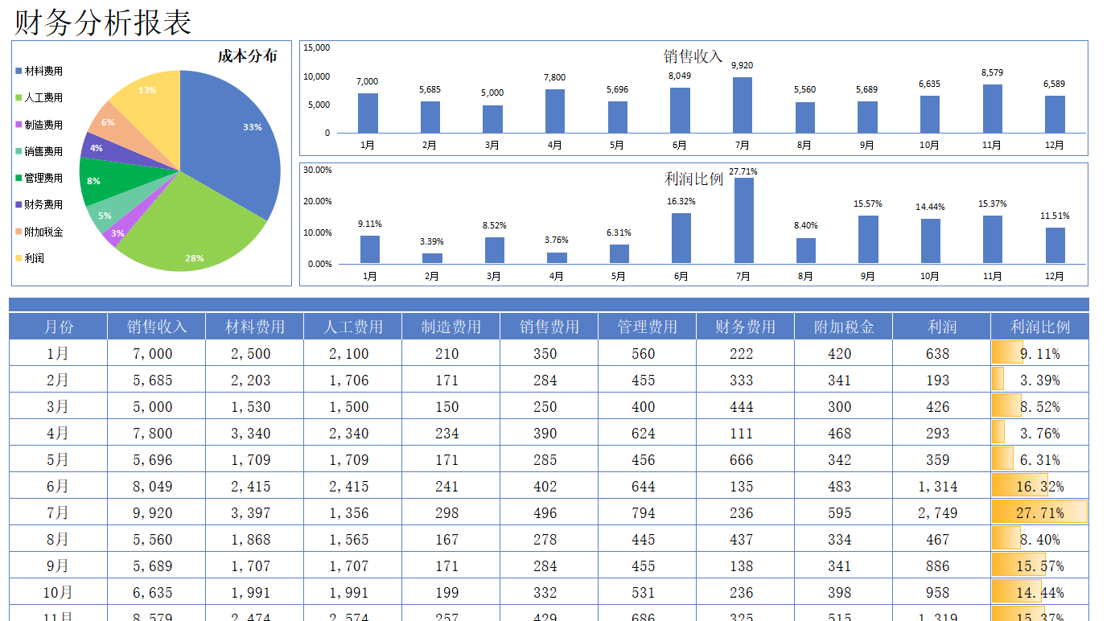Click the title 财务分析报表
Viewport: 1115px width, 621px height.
[103, 22]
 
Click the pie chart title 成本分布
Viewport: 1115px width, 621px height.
[247, 56]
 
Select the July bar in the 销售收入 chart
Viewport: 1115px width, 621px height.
[742, 105]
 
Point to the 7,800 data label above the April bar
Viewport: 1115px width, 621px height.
[554, 78]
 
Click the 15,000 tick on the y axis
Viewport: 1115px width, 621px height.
[316, 47]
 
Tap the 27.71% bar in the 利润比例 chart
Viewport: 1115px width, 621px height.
[743, 220]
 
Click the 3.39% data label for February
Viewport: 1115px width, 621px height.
[431, 241]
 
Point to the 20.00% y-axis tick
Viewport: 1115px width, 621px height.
[317, 201]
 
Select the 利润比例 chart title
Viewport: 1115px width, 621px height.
[693, 179]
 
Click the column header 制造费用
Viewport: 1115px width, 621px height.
[451, 327]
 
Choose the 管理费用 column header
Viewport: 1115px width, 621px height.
[647, 327]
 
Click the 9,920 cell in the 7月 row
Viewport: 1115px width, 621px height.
[153, 513]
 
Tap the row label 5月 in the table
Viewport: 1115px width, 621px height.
[58, 460]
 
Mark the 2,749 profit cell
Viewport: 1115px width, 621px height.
[938, 513]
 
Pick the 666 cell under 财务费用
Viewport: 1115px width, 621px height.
[741, 460]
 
